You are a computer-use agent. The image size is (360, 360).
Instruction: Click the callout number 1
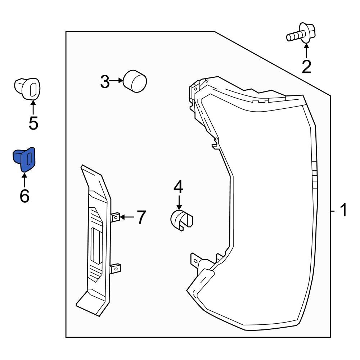(343, 210)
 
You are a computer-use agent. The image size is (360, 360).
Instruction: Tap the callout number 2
(306, 67)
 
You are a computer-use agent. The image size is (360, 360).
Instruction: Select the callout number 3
(104, 82)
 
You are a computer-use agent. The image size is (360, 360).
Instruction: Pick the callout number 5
(33, 123)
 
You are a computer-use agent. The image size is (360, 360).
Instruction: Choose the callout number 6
(24, 196)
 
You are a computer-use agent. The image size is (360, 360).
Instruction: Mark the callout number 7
(140, 217)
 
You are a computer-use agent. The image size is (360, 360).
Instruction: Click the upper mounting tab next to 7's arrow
(116, 217)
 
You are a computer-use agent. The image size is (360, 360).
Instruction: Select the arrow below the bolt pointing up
(306, 51)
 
